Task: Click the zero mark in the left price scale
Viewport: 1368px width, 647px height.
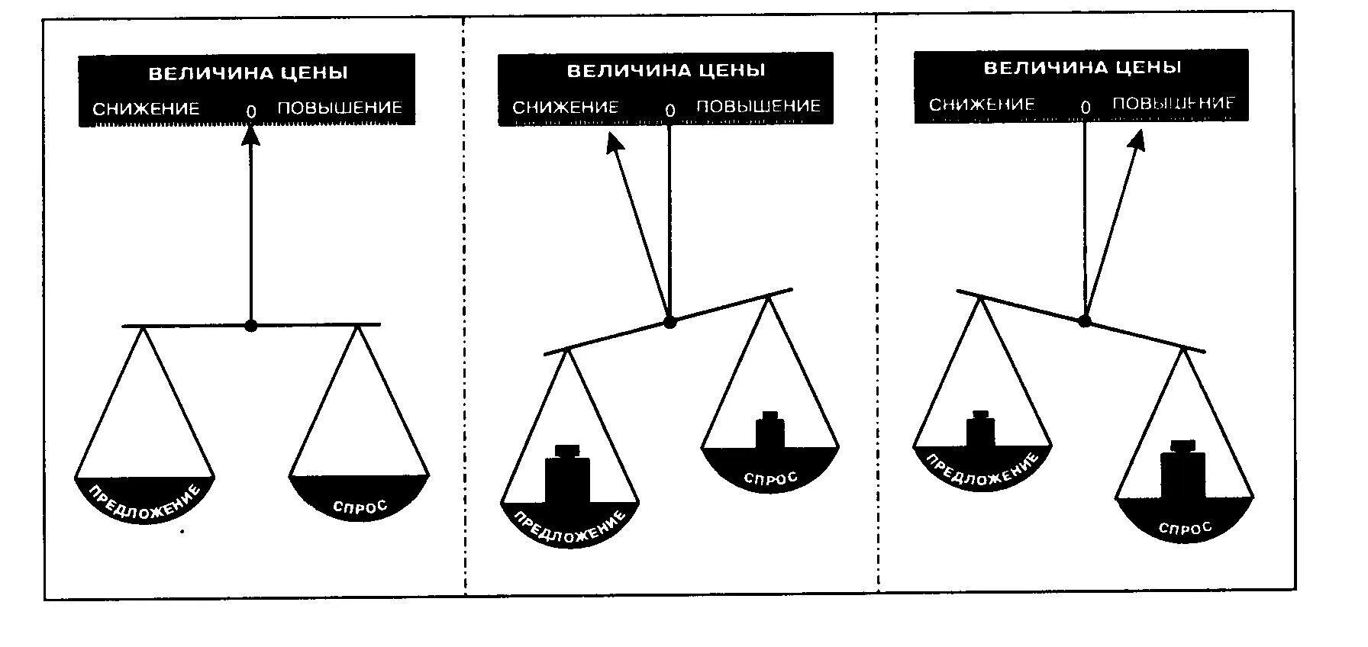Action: (x=251, y=111)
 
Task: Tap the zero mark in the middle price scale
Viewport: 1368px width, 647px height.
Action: (x=670, y=111)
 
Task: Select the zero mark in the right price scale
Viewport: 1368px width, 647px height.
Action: (x=1086, y=108)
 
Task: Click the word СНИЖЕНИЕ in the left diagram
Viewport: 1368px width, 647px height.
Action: (x=146, y=108)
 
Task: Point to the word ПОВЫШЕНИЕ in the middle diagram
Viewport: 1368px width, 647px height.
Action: (x=758, y=106)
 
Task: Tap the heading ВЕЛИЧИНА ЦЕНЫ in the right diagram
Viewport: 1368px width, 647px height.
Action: (x=1082, y=67)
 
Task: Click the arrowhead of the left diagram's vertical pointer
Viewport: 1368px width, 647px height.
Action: (x=251, y=136)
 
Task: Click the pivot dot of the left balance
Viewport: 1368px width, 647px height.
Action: (x=251, y=326)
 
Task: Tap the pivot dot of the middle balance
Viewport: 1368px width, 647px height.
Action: (x=669, y=322)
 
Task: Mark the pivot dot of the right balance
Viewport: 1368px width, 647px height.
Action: (x=1084, y=320)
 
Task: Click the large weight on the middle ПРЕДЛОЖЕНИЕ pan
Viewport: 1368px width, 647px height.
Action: (x=567, y=476)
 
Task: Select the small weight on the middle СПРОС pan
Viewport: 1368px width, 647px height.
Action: (x=769, y=430)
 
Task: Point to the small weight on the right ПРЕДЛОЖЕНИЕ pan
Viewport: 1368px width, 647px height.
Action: (x=981, y=429)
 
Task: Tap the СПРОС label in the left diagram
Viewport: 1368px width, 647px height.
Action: (x=360, y=507)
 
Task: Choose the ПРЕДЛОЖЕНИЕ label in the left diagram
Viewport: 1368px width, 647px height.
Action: (x=145, y=503)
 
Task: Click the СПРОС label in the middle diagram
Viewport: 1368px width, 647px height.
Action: (x=770, y=478)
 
